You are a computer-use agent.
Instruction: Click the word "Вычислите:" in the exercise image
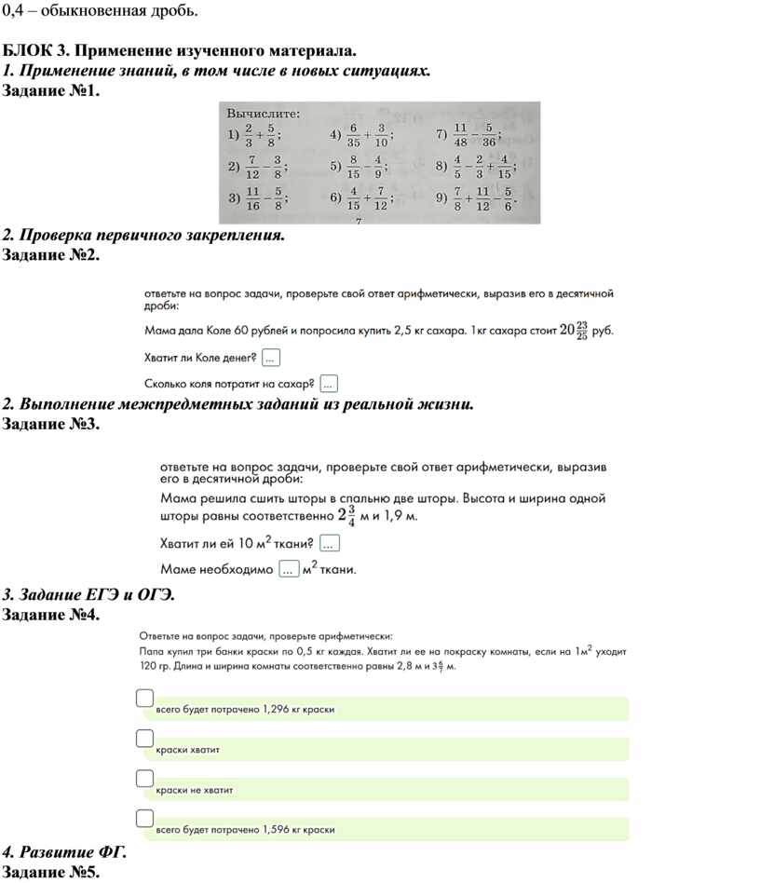coord(264,113)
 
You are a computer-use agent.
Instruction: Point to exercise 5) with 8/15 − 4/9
coord(359,168)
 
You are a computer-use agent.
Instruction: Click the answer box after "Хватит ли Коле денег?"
coord(271,357)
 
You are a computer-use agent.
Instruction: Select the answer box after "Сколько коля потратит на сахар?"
coord(328,383)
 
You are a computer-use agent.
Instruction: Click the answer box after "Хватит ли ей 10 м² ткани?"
coord(330,543)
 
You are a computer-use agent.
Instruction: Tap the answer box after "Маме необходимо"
coord(289,568)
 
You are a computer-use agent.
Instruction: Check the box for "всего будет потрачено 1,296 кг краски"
coord(143,698)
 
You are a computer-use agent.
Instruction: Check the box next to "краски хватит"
coord(143,738)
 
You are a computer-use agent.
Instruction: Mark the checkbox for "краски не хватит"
coord(143,778)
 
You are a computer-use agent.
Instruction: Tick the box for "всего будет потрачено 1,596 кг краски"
coord(143,818)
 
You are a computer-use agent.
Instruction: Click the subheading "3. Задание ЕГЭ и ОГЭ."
coord(88,594)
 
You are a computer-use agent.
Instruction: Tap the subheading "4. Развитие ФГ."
coord(64,852)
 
